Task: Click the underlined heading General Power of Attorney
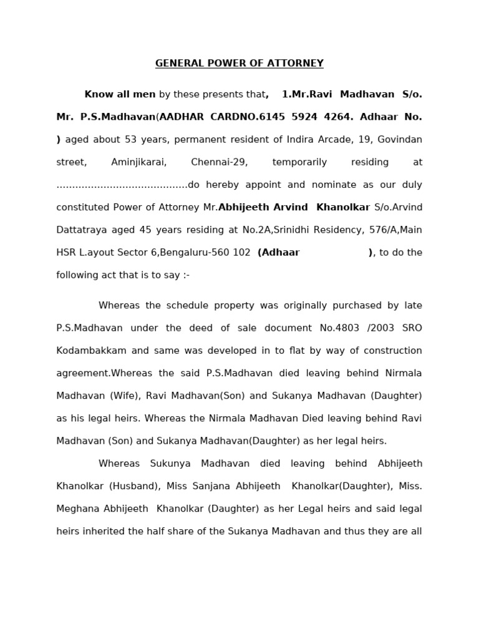(x=239, y=64)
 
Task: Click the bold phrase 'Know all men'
(x=120, y=95)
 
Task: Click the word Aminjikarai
(x=138, y=162)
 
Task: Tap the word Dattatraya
(x=82, y=230)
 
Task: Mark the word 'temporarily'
(x=299, y=162)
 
